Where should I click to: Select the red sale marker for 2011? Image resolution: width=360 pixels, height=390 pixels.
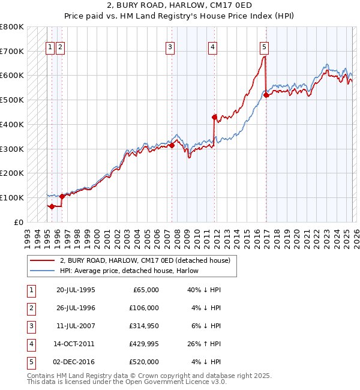coord(214,117)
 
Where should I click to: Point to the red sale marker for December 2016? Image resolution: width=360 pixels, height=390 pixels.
coord(266,94)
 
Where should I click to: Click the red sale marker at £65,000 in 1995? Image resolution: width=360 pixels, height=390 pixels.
coord(52,206)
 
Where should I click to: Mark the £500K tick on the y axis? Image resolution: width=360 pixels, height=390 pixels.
coord(12,100)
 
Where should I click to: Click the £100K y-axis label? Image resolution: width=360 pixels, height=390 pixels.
coord(12,197)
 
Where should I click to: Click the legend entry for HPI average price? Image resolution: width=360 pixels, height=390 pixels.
coord(129,271)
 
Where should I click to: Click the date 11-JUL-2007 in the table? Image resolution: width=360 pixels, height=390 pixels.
coord(76,326)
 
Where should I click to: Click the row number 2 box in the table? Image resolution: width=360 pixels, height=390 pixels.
coord(31,308)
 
